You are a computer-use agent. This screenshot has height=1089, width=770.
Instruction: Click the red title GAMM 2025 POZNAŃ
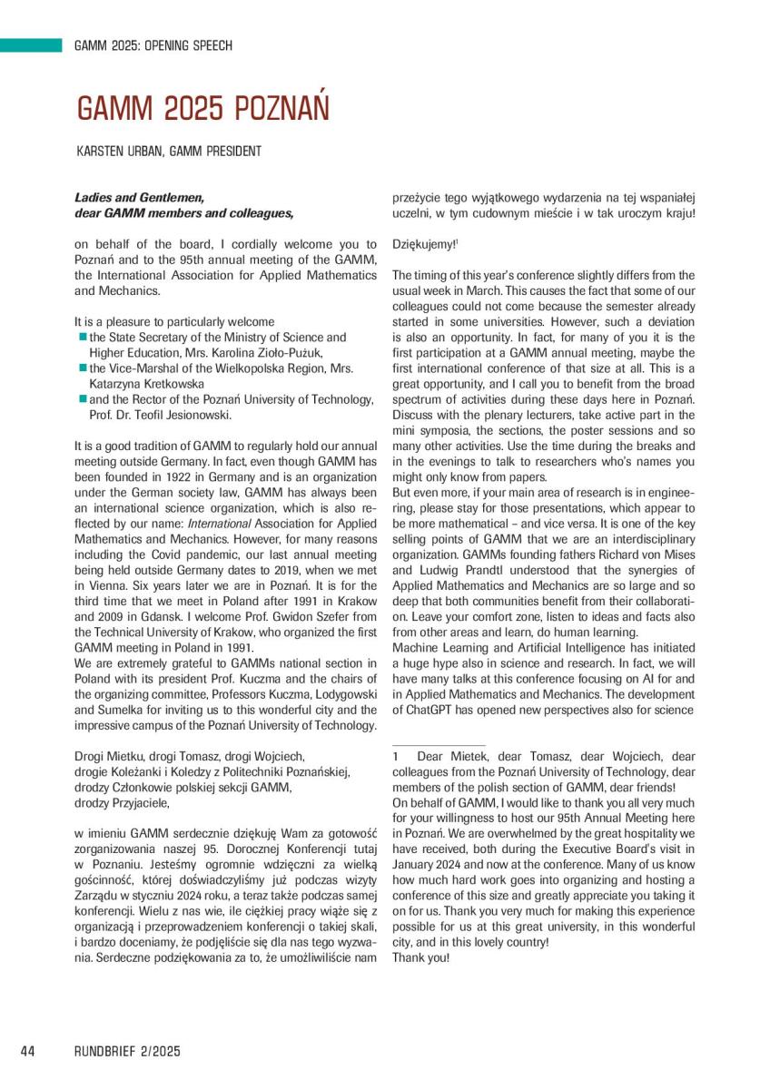pos(202,109)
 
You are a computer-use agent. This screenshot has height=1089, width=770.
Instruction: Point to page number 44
pos(27,1051)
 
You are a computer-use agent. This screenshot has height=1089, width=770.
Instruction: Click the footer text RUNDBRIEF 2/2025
pos(127,1051)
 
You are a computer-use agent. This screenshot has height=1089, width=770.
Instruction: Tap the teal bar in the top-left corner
pos(30,44)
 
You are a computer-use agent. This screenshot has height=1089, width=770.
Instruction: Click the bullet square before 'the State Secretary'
pos(83,337)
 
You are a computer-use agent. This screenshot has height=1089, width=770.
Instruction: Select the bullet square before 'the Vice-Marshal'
pos(83,368)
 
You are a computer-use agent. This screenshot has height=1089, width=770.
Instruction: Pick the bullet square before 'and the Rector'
pos(83,398)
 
